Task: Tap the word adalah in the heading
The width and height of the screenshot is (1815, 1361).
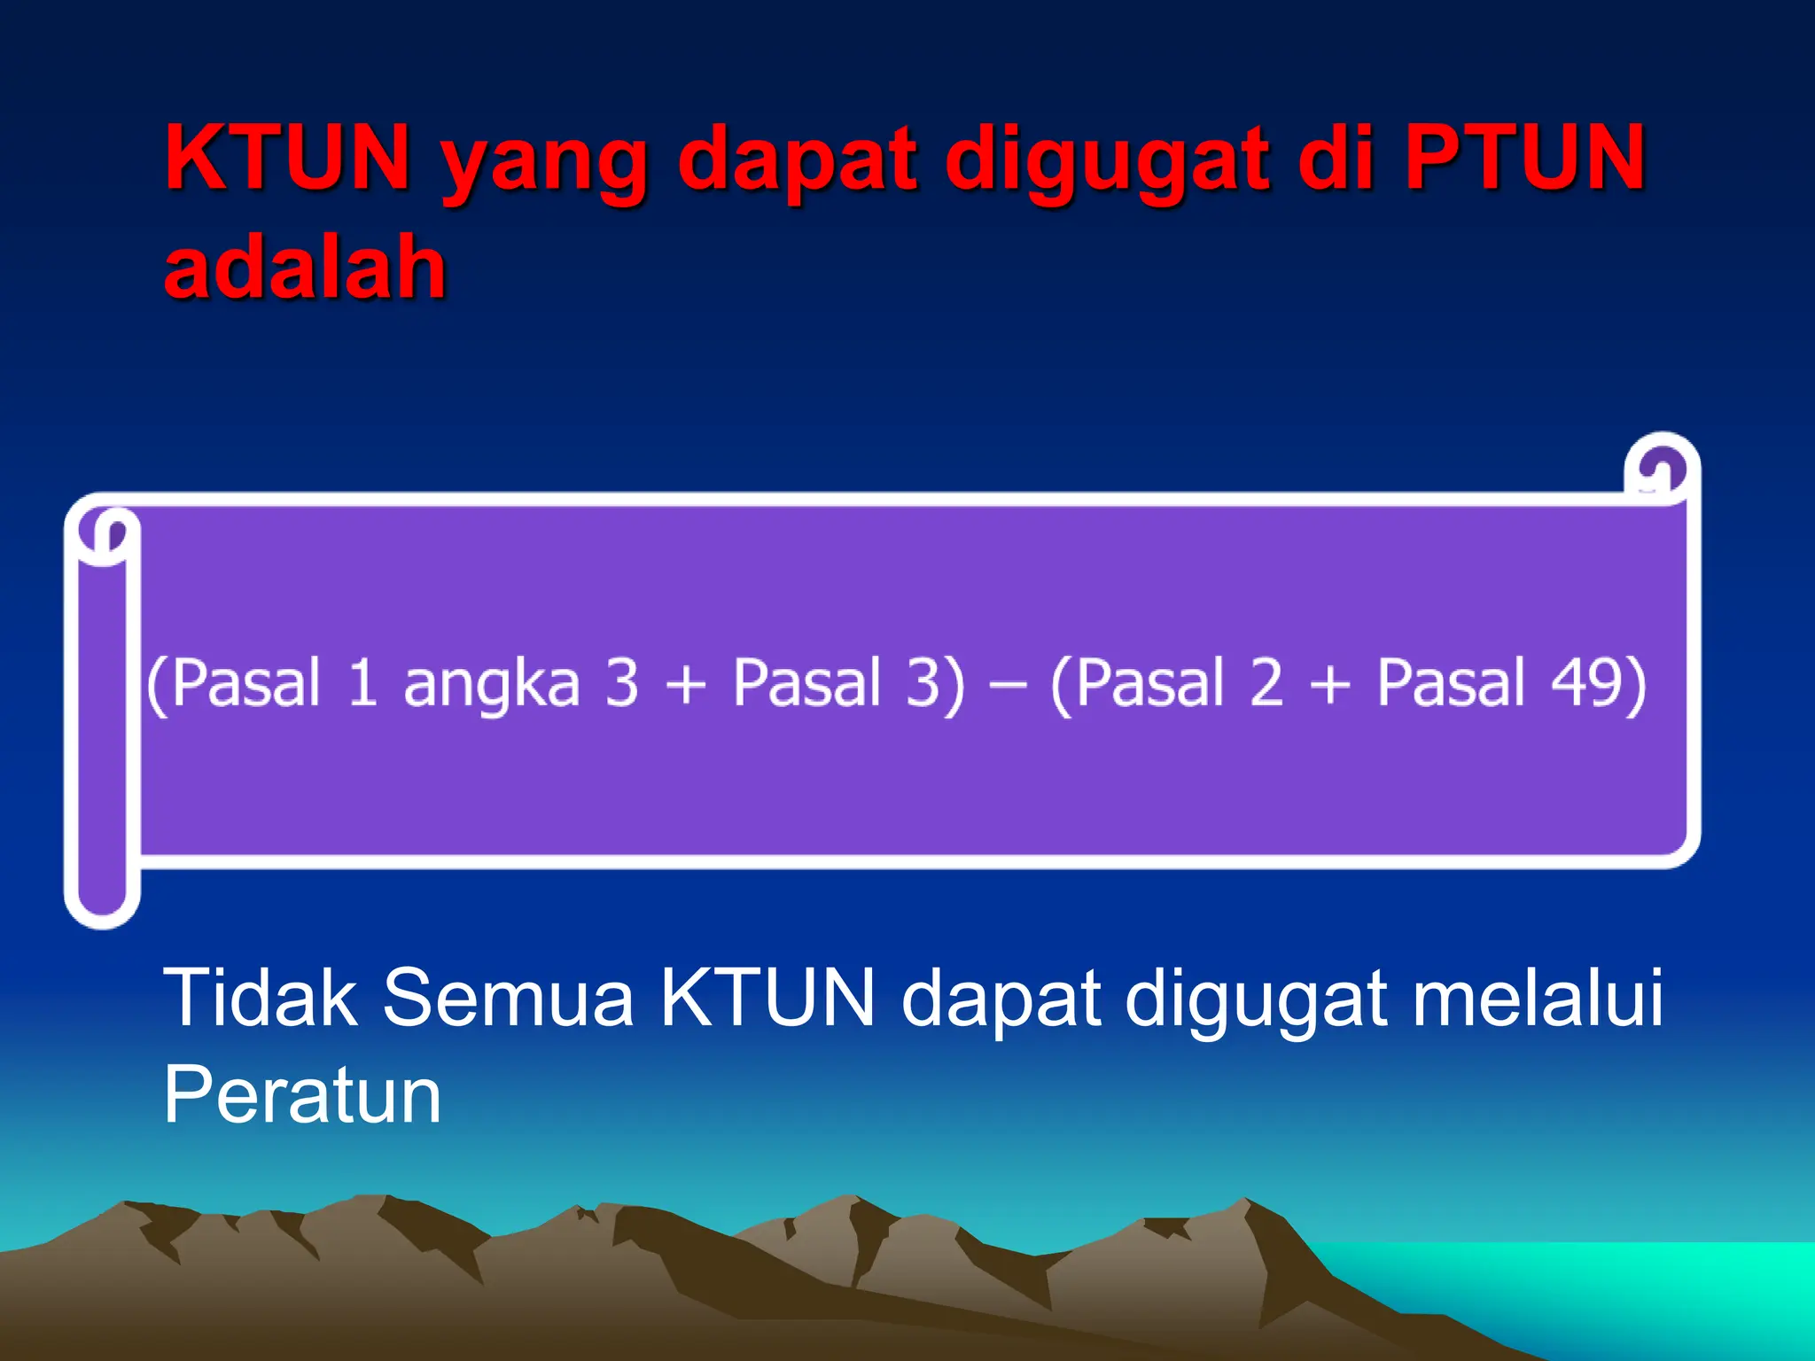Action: click(305, 267)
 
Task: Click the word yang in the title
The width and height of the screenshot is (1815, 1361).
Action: click(544, 164)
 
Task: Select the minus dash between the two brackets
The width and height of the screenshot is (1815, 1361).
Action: click(1007, 684)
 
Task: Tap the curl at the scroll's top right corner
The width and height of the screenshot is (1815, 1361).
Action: click(1662, 470)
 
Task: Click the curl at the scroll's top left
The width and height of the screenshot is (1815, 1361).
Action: click(106, 534)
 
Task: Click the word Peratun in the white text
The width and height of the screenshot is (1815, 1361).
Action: click(302, 1095)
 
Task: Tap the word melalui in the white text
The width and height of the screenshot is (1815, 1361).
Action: click(1538, 998)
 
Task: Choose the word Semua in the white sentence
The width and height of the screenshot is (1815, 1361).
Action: click(508, 998)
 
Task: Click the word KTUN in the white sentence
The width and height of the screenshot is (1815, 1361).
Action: click(767, 998)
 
